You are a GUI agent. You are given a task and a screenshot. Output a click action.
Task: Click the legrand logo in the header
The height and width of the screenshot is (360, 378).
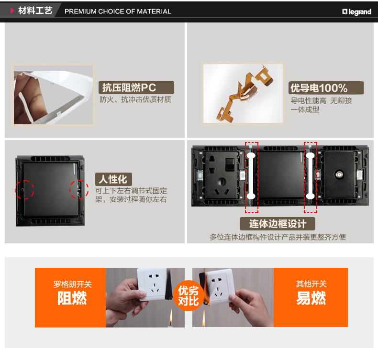pos(357,11)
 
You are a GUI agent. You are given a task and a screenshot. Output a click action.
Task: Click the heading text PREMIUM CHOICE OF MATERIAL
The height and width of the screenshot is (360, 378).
pos(118,11)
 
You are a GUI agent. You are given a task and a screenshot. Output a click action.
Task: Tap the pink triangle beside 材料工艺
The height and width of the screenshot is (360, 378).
pos(12,11)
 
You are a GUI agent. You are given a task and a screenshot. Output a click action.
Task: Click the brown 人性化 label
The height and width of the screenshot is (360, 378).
pos(113,179)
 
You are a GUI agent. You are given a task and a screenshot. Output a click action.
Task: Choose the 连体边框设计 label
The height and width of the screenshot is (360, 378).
pos(278,224)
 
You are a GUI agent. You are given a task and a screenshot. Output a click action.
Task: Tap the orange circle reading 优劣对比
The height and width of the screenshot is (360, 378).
pos(189,296)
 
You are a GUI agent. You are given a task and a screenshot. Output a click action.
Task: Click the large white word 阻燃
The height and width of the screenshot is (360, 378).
pos(72,298)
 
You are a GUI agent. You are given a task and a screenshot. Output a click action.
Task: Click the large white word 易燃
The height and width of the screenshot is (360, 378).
pos(311,298)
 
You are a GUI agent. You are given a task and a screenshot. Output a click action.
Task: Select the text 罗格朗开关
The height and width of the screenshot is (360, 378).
pos(73,284)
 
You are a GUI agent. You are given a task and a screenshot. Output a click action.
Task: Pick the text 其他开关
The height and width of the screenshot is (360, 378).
pos(311,284)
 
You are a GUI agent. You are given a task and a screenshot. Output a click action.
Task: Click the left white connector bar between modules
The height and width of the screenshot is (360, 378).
pos(251,176)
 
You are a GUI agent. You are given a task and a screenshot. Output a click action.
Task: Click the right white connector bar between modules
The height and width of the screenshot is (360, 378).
pos(310,176)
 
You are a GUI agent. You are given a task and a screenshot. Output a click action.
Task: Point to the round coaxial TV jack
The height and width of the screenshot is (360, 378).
pos(338,175)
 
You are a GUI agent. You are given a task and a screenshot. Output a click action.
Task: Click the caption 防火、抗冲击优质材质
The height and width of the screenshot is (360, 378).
pos(135,99)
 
